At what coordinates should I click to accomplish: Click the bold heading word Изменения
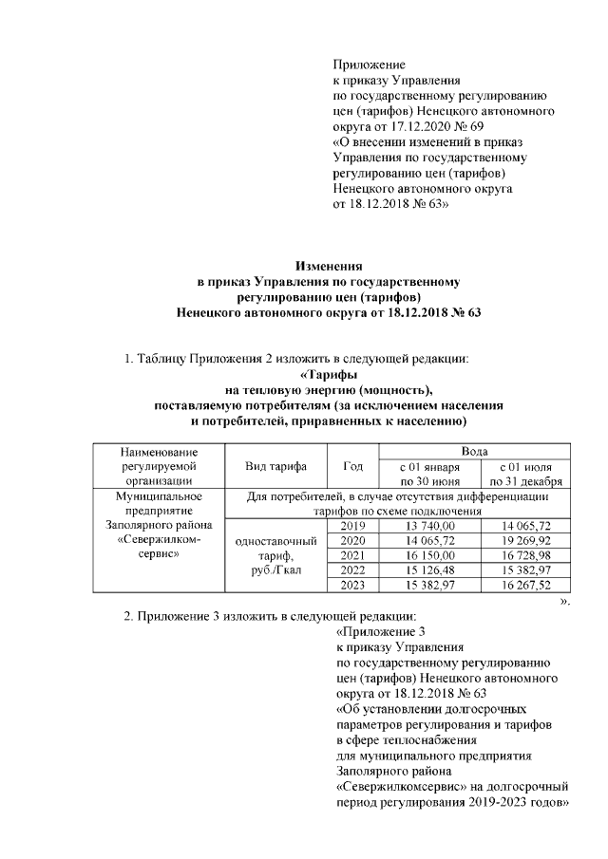pyautogui.click(x=328, y=267)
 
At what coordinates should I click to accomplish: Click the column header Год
pyautogui.click(x=351, y=466)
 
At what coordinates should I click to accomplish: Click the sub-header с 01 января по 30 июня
pyautogui.click(x=430, y=474)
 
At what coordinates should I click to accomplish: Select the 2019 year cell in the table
pyautogui.click(x=351, y=525)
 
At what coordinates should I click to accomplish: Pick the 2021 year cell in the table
pyautogui.click(x=351, y=553)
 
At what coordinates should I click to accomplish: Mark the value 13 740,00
pyautogui.click(x=430, y=525)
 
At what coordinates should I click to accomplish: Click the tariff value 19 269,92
pyautogui.click(x=525, y=539)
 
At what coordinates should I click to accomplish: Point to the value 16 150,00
pyautogui.click(x=430, y=553)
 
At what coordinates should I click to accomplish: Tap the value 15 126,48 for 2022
pyautogui.click(x=430, y=569)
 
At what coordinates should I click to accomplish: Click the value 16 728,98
pyautogui.click(x=525, y=553)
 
